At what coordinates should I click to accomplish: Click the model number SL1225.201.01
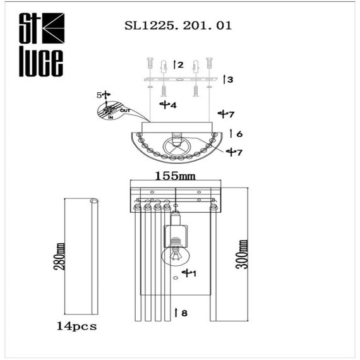pyautogui.click(x=179, y=27)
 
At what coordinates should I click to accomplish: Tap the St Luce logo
pyautogui.click(x=39, y=43)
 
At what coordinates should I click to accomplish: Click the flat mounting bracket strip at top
pyautogui.click(x=183, y=80)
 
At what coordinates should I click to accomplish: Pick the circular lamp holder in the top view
pyautogui.click(x=176, y=148)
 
